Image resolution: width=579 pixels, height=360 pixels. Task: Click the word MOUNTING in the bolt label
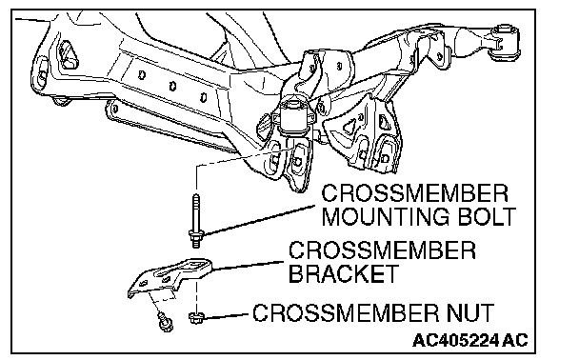pyautogui.click(x=386, y=217)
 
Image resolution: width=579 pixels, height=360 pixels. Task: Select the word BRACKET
pyautogui.click(x=344, y=273)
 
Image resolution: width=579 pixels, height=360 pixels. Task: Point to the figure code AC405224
pyautogui.click(x=456, y=340)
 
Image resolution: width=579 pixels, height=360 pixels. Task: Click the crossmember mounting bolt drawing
pyautogui.click(x=196, y=222)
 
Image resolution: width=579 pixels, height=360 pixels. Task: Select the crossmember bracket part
pyautogui.click(x=170, y=277)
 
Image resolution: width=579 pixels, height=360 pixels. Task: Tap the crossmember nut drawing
pyautogui.click(x=196, y=317)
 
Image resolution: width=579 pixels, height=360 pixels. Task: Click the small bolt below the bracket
pyautogui.click(x=165, y=322)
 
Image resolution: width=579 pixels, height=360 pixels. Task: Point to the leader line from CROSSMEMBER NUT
pyautogui.click(x=227, y=316)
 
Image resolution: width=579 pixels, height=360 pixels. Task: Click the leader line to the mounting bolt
pyautogui.click(x=259, y=220)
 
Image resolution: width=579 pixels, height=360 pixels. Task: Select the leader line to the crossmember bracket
pyautogui.click(x=249, y=266)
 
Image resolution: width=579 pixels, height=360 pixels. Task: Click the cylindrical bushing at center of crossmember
pyautogui.click(x=295, y=116)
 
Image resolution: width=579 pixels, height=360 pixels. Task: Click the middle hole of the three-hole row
pyautogui.click(x=172, y=87)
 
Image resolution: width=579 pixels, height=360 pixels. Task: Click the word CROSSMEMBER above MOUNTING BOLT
pyautogui.click(x=414, y=193)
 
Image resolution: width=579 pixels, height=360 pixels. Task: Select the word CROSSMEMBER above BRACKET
pyautogui.click(x=382, y=250)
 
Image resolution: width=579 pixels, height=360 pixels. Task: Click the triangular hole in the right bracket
pyautogui.click(x=349, y=128)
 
